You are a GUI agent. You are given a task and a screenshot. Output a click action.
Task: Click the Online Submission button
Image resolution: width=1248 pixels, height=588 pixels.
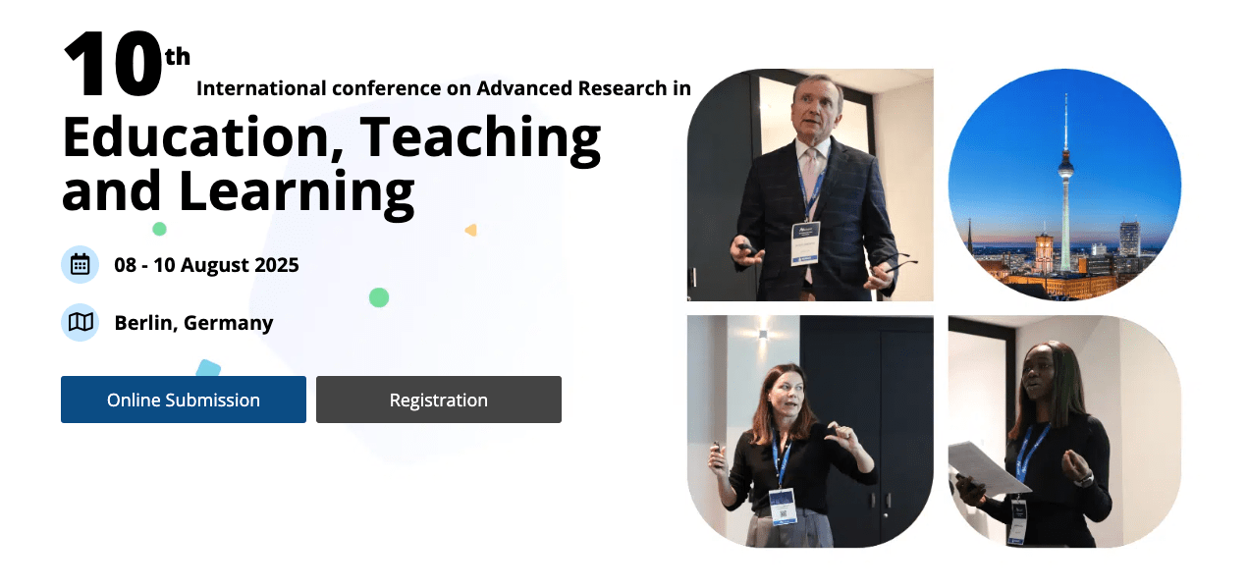[x=184, y=400]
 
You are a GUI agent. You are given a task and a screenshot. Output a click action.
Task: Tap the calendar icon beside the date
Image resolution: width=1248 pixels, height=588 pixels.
[x=81, y=264]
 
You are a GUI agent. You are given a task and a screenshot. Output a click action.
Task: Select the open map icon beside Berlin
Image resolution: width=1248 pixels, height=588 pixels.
[x=81, y=322]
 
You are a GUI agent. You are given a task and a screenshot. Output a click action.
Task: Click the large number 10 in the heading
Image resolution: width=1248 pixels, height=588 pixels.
[x=113, y=65]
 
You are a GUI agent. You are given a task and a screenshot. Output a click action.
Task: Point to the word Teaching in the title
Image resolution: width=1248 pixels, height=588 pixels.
[x=481, y=139]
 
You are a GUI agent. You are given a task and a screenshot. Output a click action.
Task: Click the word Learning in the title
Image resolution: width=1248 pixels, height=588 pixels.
[x=297, y=193]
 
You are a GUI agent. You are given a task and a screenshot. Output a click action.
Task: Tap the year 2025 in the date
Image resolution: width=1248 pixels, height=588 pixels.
[x=276, y=265]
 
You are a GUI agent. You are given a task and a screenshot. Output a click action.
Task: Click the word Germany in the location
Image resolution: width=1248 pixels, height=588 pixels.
[x=229, y=323]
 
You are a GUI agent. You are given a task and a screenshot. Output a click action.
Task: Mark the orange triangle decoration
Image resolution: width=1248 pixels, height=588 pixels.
[x=471, y=230]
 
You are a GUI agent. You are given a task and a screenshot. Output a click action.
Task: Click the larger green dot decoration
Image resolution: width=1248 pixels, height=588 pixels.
[x=379, y=297]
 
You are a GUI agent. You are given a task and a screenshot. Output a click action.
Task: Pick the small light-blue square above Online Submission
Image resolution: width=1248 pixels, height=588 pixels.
[x=209, y=368]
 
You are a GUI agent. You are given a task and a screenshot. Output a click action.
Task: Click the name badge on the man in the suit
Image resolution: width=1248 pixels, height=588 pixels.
[x=805, y=243]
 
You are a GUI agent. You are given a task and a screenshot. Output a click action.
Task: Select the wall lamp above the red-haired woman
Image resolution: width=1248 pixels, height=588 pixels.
[x=763, y=334]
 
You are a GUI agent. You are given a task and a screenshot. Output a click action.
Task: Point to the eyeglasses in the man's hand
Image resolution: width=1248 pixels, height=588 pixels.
[x=897, y=262]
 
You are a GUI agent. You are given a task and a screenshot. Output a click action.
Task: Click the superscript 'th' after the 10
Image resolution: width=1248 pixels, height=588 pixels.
[x=178, y=57]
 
